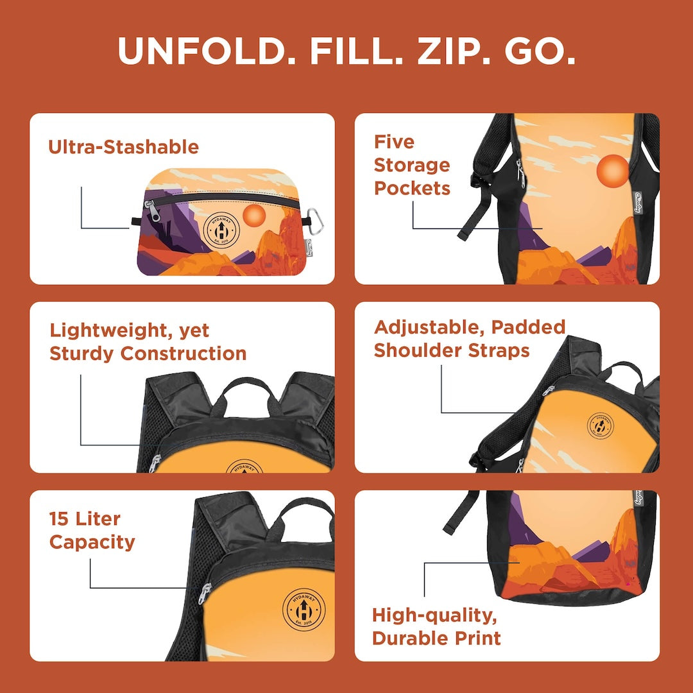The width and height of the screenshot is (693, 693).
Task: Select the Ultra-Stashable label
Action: pyautogui.click(x=123, y=147)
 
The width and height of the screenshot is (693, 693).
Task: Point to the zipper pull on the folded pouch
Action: pyautogui.click(x=148, y=207)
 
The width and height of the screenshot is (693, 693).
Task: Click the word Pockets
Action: pyautogui.click(x=413, y=189)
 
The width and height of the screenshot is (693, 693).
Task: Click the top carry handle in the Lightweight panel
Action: pyautogui.click(x=247, y=389)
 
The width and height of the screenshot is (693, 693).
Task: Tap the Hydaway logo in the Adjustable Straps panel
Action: pyautogui.click(x=600, y=425)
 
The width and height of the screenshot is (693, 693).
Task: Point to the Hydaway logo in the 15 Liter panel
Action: pyautogui.click(x=302, y=607)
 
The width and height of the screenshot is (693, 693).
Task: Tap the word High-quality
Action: pyautogui.click(x=434, y=615)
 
